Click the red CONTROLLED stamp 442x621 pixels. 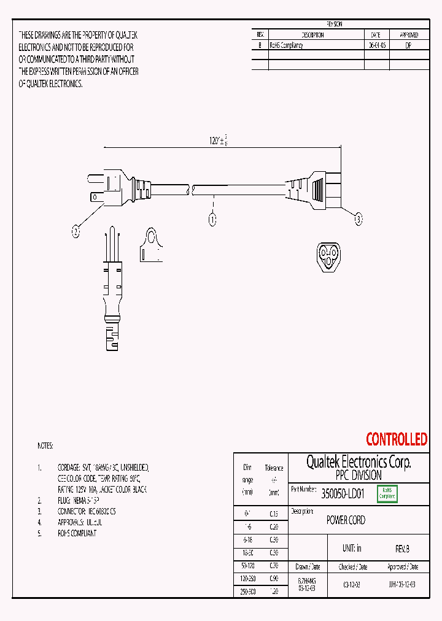[x=397, y=439]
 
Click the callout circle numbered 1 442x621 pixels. [x=212, y=218]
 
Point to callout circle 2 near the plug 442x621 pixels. [x=76, y=231]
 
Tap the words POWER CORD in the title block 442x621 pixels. [x=346, y=520]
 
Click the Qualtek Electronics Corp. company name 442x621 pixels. [x=359, y=463]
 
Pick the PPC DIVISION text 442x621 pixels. [x=359, y=476]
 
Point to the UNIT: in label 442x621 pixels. [x=352, y=549]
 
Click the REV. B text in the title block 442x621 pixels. [x=402, y=549]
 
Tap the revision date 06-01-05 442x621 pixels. [x=377, y=46]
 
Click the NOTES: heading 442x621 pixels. [x=45, y=445]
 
